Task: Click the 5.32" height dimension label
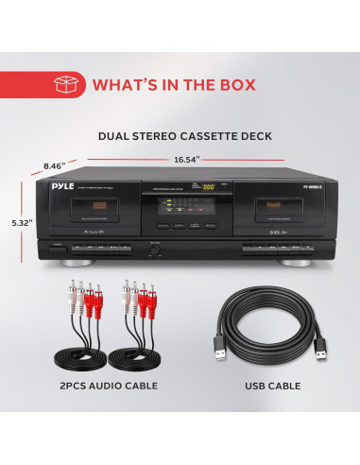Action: tap(21, 222)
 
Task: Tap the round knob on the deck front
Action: tap(151, 251)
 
